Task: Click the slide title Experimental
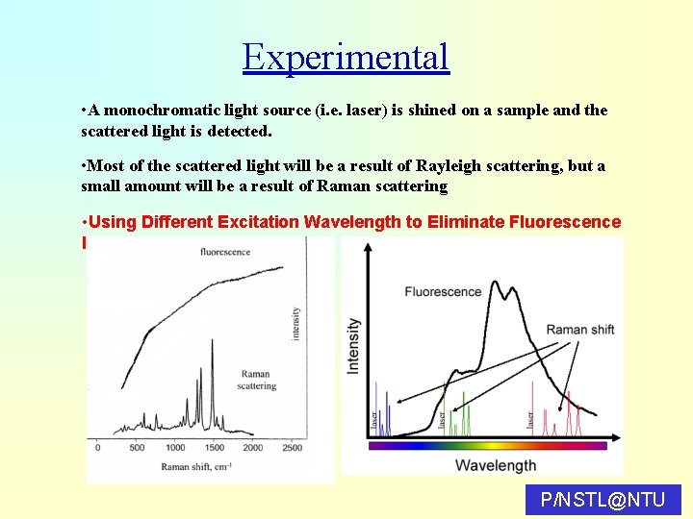tap(346, 57)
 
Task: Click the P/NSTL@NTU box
tap(603, 500)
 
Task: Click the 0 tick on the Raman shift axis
tap(98, 448)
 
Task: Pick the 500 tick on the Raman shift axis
tap(137, 448)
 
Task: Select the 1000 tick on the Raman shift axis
tap(175, 448)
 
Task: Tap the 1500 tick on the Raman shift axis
tap(214, 448)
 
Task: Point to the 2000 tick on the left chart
tap(252, 448)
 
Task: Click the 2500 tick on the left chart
tap(291, 448)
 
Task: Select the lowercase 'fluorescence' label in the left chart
tap(225, 252)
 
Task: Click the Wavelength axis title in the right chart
tap(495, 465)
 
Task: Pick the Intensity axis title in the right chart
tap(353, 346)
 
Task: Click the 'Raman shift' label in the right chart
tap(579, 330)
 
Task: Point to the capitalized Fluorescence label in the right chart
tap(443, 291)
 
